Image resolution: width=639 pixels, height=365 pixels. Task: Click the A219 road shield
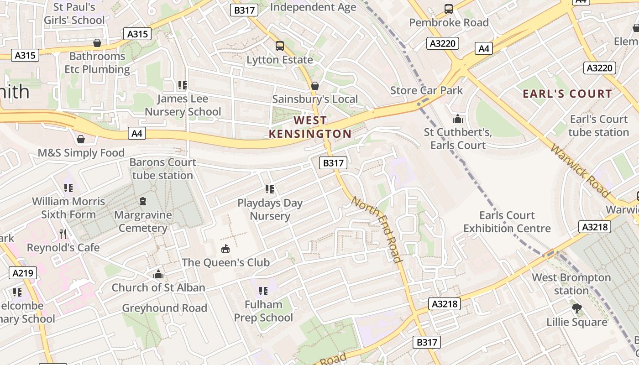coord(23,273)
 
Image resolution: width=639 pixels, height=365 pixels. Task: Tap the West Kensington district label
coord(310,127)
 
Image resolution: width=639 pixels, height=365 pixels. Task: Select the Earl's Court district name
coord(567,94)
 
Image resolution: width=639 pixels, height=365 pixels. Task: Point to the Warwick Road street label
coord(580,171)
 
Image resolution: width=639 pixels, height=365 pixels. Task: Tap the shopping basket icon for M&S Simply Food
coord(81,139)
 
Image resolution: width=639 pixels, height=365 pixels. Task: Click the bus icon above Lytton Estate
coord(279,46)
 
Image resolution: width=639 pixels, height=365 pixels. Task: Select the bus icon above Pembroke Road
coord(449,9)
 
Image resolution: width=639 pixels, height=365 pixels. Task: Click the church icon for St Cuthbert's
coord(458,119)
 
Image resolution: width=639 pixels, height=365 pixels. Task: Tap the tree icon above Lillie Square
coord(577,308)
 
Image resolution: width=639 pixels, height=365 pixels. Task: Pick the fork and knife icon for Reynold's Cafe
coord(63,234)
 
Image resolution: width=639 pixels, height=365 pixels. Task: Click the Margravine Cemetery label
coord(143,221)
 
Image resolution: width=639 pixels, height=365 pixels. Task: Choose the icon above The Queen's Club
coord(225,249)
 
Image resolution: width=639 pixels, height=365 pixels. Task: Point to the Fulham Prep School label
coord(263,311)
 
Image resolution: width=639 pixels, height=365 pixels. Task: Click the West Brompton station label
coord(571,284)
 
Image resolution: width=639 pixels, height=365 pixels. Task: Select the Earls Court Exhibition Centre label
coord(507,222)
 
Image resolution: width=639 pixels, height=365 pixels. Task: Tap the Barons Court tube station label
coord(162,169)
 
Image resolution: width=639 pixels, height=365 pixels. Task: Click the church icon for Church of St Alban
coord(158,274)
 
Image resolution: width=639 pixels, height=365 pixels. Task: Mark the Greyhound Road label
coord(164,308)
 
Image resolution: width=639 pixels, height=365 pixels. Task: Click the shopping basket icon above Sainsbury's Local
coord(314,86)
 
